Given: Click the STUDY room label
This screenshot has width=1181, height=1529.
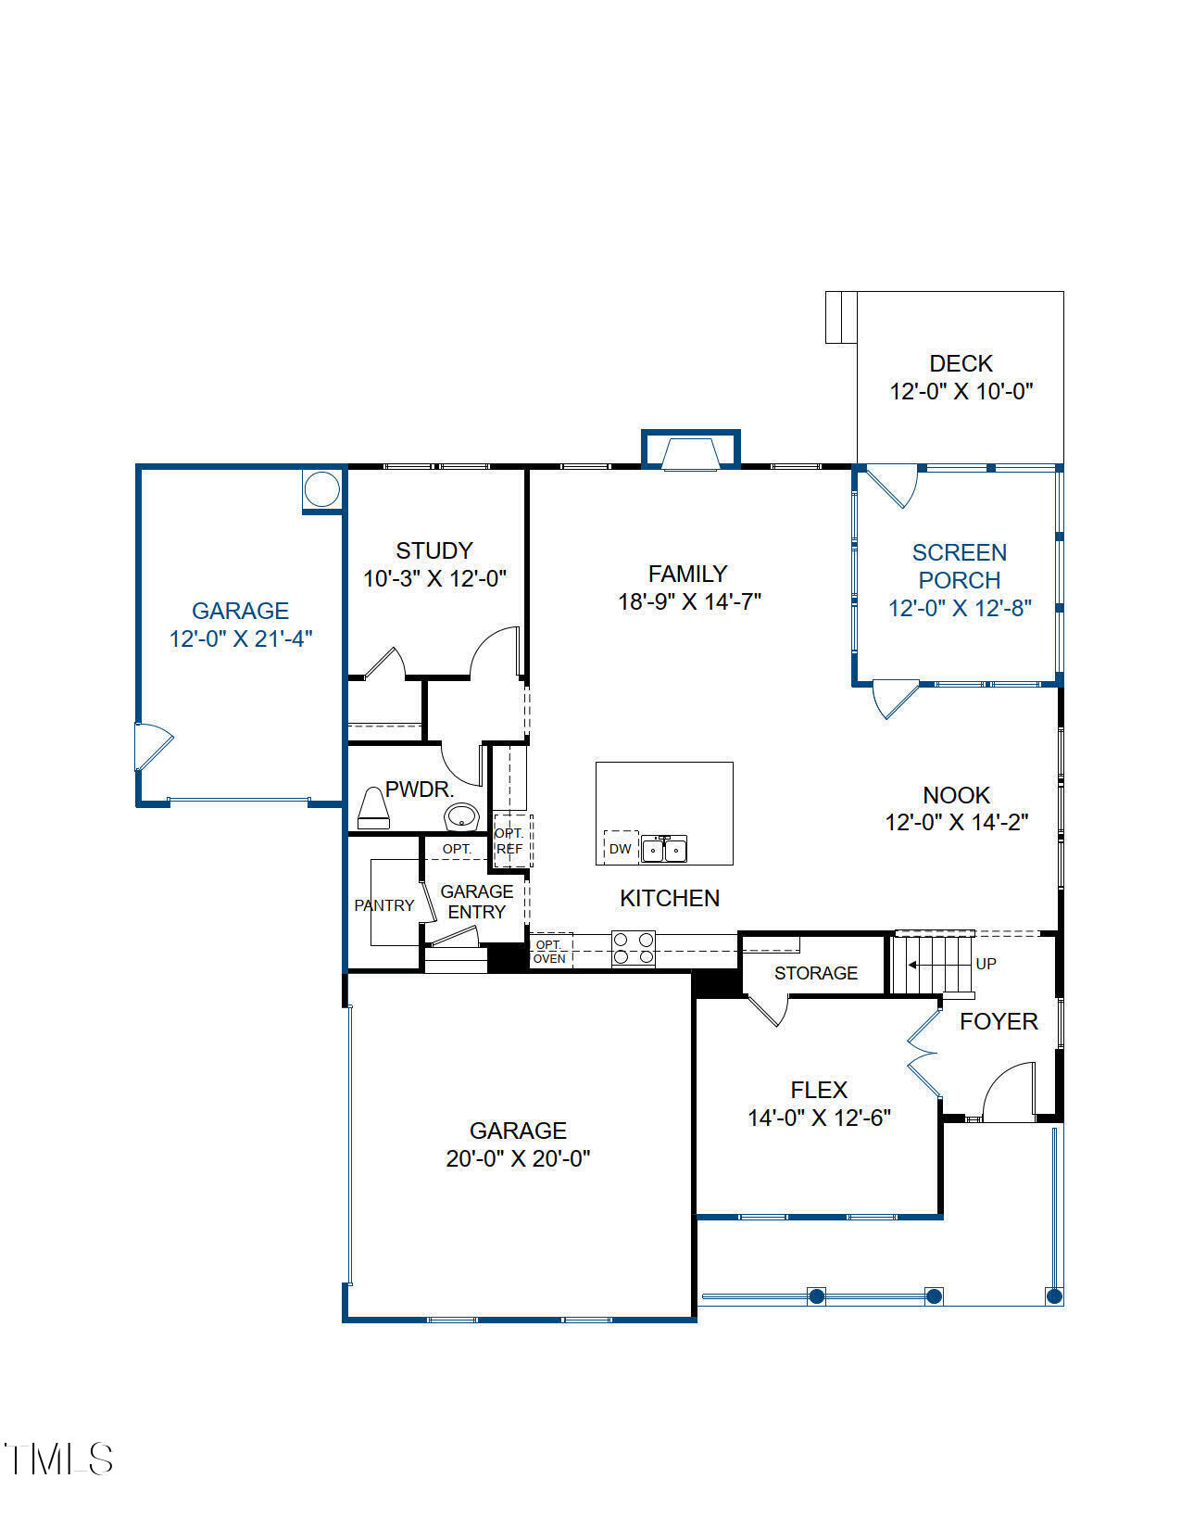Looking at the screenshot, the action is [434, 550].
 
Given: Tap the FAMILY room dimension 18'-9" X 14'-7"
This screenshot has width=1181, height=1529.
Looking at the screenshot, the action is [689, 601].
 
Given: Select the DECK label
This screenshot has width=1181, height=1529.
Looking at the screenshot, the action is [961, 363].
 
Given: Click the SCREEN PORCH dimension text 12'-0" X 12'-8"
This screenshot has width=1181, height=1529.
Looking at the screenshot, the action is [960, 608].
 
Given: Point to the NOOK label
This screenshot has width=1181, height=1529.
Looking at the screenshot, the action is [956, 795].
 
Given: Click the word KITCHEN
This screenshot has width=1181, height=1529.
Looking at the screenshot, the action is [670, 898].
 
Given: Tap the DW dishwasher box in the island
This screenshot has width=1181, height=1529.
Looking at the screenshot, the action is [621, 848].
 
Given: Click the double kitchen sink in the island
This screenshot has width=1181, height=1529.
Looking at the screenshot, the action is [664, 849].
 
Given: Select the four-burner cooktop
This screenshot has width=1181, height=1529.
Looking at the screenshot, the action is [633, 948].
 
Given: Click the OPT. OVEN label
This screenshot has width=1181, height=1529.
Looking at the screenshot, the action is [549, 952].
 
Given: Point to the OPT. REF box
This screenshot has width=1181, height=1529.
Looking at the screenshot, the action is [513, 840].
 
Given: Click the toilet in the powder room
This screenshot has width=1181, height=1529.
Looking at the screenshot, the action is [373, 808].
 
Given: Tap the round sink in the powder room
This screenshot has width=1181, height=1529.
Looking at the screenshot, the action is [461, 816].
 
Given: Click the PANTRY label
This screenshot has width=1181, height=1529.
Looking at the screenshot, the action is [384, 905].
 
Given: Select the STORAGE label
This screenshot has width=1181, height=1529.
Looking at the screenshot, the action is [816, 973].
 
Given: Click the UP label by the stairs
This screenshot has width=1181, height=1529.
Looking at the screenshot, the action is [986, 964].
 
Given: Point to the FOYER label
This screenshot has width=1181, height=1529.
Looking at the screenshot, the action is [999, 1021].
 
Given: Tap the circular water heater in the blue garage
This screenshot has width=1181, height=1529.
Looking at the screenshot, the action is [322, 489].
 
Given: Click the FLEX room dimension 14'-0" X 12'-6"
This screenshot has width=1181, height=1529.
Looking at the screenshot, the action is [819, 1118].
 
